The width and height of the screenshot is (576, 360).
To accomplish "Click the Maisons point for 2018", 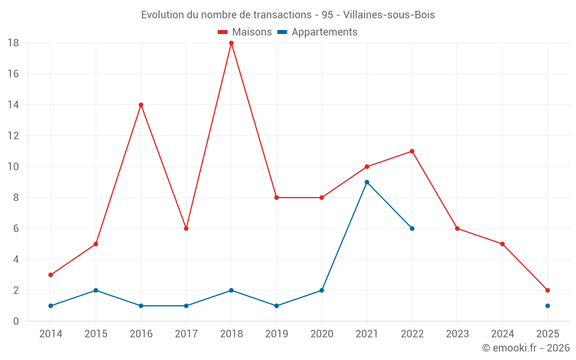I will pos(232,43).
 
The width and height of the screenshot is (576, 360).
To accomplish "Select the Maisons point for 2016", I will pos(141,105).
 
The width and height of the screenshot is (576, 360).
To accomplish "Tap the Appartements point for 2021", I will pos(367,182).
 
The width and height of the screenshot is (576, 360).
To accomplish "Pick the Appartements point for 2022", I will pos(412,229).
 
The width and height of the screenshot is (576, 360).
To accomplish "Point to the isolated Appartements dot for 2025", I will pos(548,306).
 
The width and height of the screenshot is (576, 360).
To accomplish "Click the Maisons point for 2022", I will pos(412,151).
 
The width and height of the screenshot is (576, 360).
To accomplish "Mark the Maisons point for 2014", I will pos(51,275).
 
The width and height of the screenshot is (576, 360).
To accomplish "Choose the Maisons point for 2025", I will pos(548,290).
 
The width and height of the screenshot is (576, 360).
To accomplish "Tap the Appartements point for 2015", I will pos(96,290).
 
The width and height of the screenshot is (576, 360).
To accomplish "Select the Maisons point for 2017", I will pos(186,229).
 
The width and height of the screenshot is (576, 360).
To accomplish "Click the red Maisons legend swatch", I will pos(223,32).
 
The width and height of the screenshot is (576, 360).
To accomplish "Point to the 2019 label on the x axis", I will pos(276,334).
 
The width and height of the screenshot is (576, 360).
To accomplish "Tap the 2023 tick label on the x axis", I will pos(457,334).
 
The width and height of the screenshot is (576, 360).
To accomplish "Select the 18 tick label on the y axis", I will pos(13,43).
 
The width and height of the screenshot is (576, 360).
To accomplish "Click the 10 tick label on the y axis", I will pos(13,167).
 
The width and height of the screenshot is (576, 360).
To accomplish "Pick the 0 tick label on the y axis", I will pos(16,321).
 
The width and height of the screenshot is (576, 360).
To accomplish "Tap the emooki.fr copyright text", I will pos(526,348).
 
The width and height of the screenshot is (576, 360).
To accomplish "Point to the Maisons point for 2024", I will pos(502,244).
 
